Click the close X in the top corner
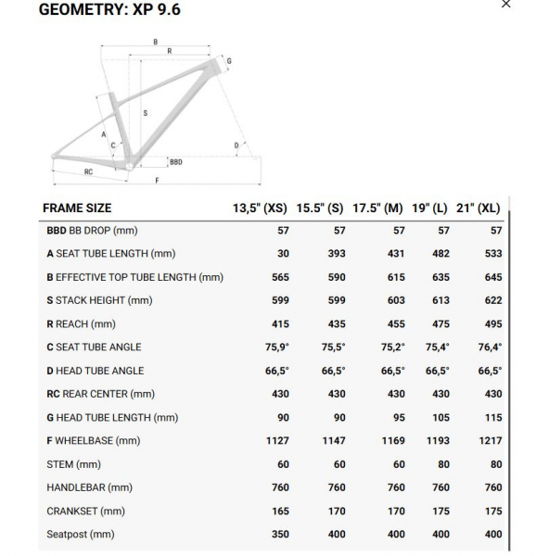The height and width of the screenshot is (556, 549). pyautogui.click(x=505, y=5)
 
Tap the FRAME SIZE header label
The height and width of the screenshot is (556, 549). pyautogui.click(x=78, y=208)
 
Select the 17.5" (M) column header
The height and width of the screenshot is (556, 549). pyautogui.click(x=378, y=208)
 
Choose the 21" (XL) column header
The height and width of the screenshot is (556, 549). pyautogui.click(x=479, y=208)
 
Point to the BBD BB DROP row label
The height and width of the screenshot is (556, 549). pyautogui.click(x=92, y=231)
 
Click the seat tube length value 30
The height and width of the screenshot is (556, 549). pyautogui.click(x=283, y=254)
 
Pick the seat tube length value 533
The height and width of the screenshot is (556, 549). pyautogui.click(x=493, y=254)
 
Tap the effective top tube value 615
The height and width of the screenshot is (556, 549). pyautogui.click(x=396, y=277)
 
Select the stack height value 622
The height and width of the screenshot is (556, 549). pyautogui.click(x=493, y=300)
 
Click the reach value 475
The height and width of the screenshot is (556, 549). pyautogui.click(x=441, y=324)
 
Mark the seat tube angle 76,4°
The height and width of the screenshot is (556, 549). pyautogui.click(x=490, y=347)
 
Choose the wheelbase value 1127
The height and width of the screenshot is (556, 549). pyautogui.click(x=277, y=441)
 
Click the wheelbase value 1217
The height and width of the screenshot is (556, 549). pyautogui.click(x=491, y=441)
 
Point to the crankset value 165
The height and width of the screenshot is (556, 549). pyautogui.click(x=280, y=511)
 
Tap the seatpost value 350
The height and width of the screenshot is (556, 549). pyautogui.click(x=280, y=534)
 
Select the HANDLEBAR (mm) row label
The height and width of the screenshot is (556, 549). pyautogui.click(x=89, y=487)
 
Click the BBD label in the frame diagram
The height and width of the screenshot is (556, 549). pyautogui.click(x=176, y=162)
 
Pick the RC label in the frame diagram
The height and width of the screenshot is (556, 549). pyautogui.click(x=88, y=171)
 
